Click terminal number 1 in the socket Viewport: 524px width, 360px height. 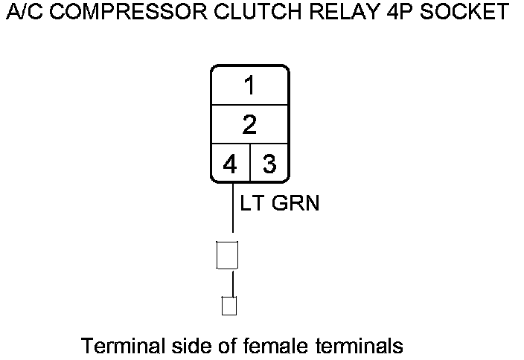pyautogui.click(x=249, y=86)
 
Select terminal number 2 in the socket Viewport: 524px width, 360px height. pyautogui.click(x=249, y=124)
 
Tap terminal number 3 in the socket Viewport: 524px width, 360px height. pyautogui.click(x=269, y=164)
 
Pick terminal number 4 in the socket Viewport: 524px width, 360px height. pyautogui.click(x=230, y=164)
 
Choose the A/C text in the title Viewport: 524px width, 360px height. pyautogui.click(x=22, y=13)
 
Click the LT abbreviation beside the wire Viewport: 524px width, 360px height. pyautogui.click(x=252, y=203)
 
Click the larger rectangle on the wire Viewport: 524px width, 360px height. pyautogui.click(x=226, y=255)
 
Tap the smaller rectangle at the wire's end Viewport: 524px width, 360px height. pyautogui.click(x=229, y=306)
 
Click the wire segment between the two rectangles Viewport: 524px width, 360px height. pyautogui.click(x=232, y=283)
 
